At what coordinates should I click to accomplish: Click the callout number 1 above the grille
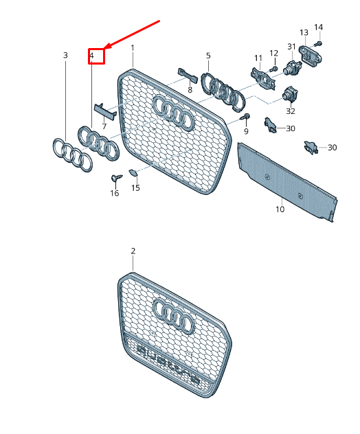[x=133, y=47]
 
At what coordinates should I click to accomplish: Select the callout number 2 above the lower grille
[x=133, y=251]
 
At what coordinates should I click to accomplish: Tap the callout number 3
[x=65, y=55]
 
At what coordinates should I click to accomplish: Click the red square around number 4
[x=95, y=56]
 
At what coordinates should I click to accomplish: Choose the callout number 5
[x=208, y=55]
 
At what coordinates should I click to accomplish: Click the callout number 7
[x=104, y=126]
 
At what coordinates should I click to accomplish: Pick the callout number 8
[x=190, y=90]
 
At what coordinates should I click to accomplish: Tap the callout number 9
[x=245, y=131]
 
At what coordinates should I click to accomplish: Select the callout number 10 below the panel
[x=280, y=209]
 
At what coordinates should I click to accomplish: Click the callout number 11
[x=258, y=58]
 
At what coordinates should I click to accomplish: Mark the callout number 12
[x=273, y=54]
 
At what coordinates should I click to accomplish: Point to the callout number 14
[x=318, y=27]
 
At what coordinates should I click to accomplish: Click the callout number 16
[x=114, y=194]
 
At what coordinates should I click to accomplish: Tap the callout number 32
[x=291, y=111]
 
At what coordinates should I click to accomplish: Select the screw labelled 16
[x=115, y=178]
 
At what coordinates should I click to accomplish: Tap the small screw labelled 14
[x=318, y=44]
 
